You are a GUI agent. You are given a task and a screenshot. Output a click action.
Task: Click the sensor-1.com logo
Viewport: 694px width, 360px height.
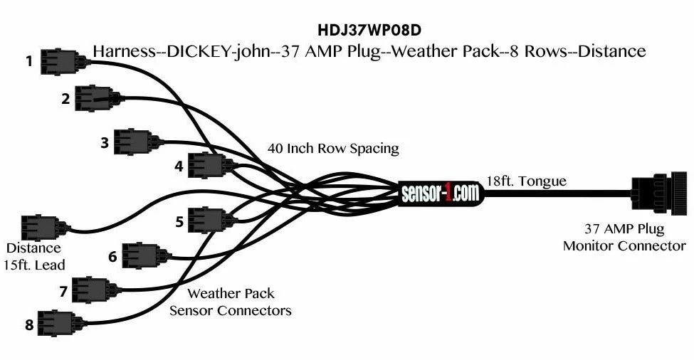point(441,192)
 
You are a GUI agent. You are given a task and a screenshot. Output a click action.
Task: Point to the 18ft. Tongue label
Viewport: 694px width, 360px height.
point(527,181)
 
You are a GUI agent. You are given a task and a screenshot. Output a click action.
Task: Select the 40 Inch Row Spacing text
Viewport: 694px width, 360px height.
point(333,149)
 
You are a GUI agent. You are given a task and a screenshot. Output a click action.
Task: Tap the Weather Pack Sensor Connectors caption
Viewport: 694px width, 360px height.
point(231,302)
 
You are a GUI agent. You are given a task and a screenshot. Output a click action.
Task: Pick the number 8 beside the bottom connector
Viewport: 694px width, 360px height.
point(29,326)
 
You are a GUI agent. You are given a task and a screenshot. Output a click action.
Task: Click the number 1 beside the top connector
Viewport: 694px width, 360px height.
point(29,62)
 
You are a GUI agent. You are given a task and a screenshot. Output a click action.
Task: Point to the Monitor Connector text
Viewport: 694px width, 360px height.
point(624,246)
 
